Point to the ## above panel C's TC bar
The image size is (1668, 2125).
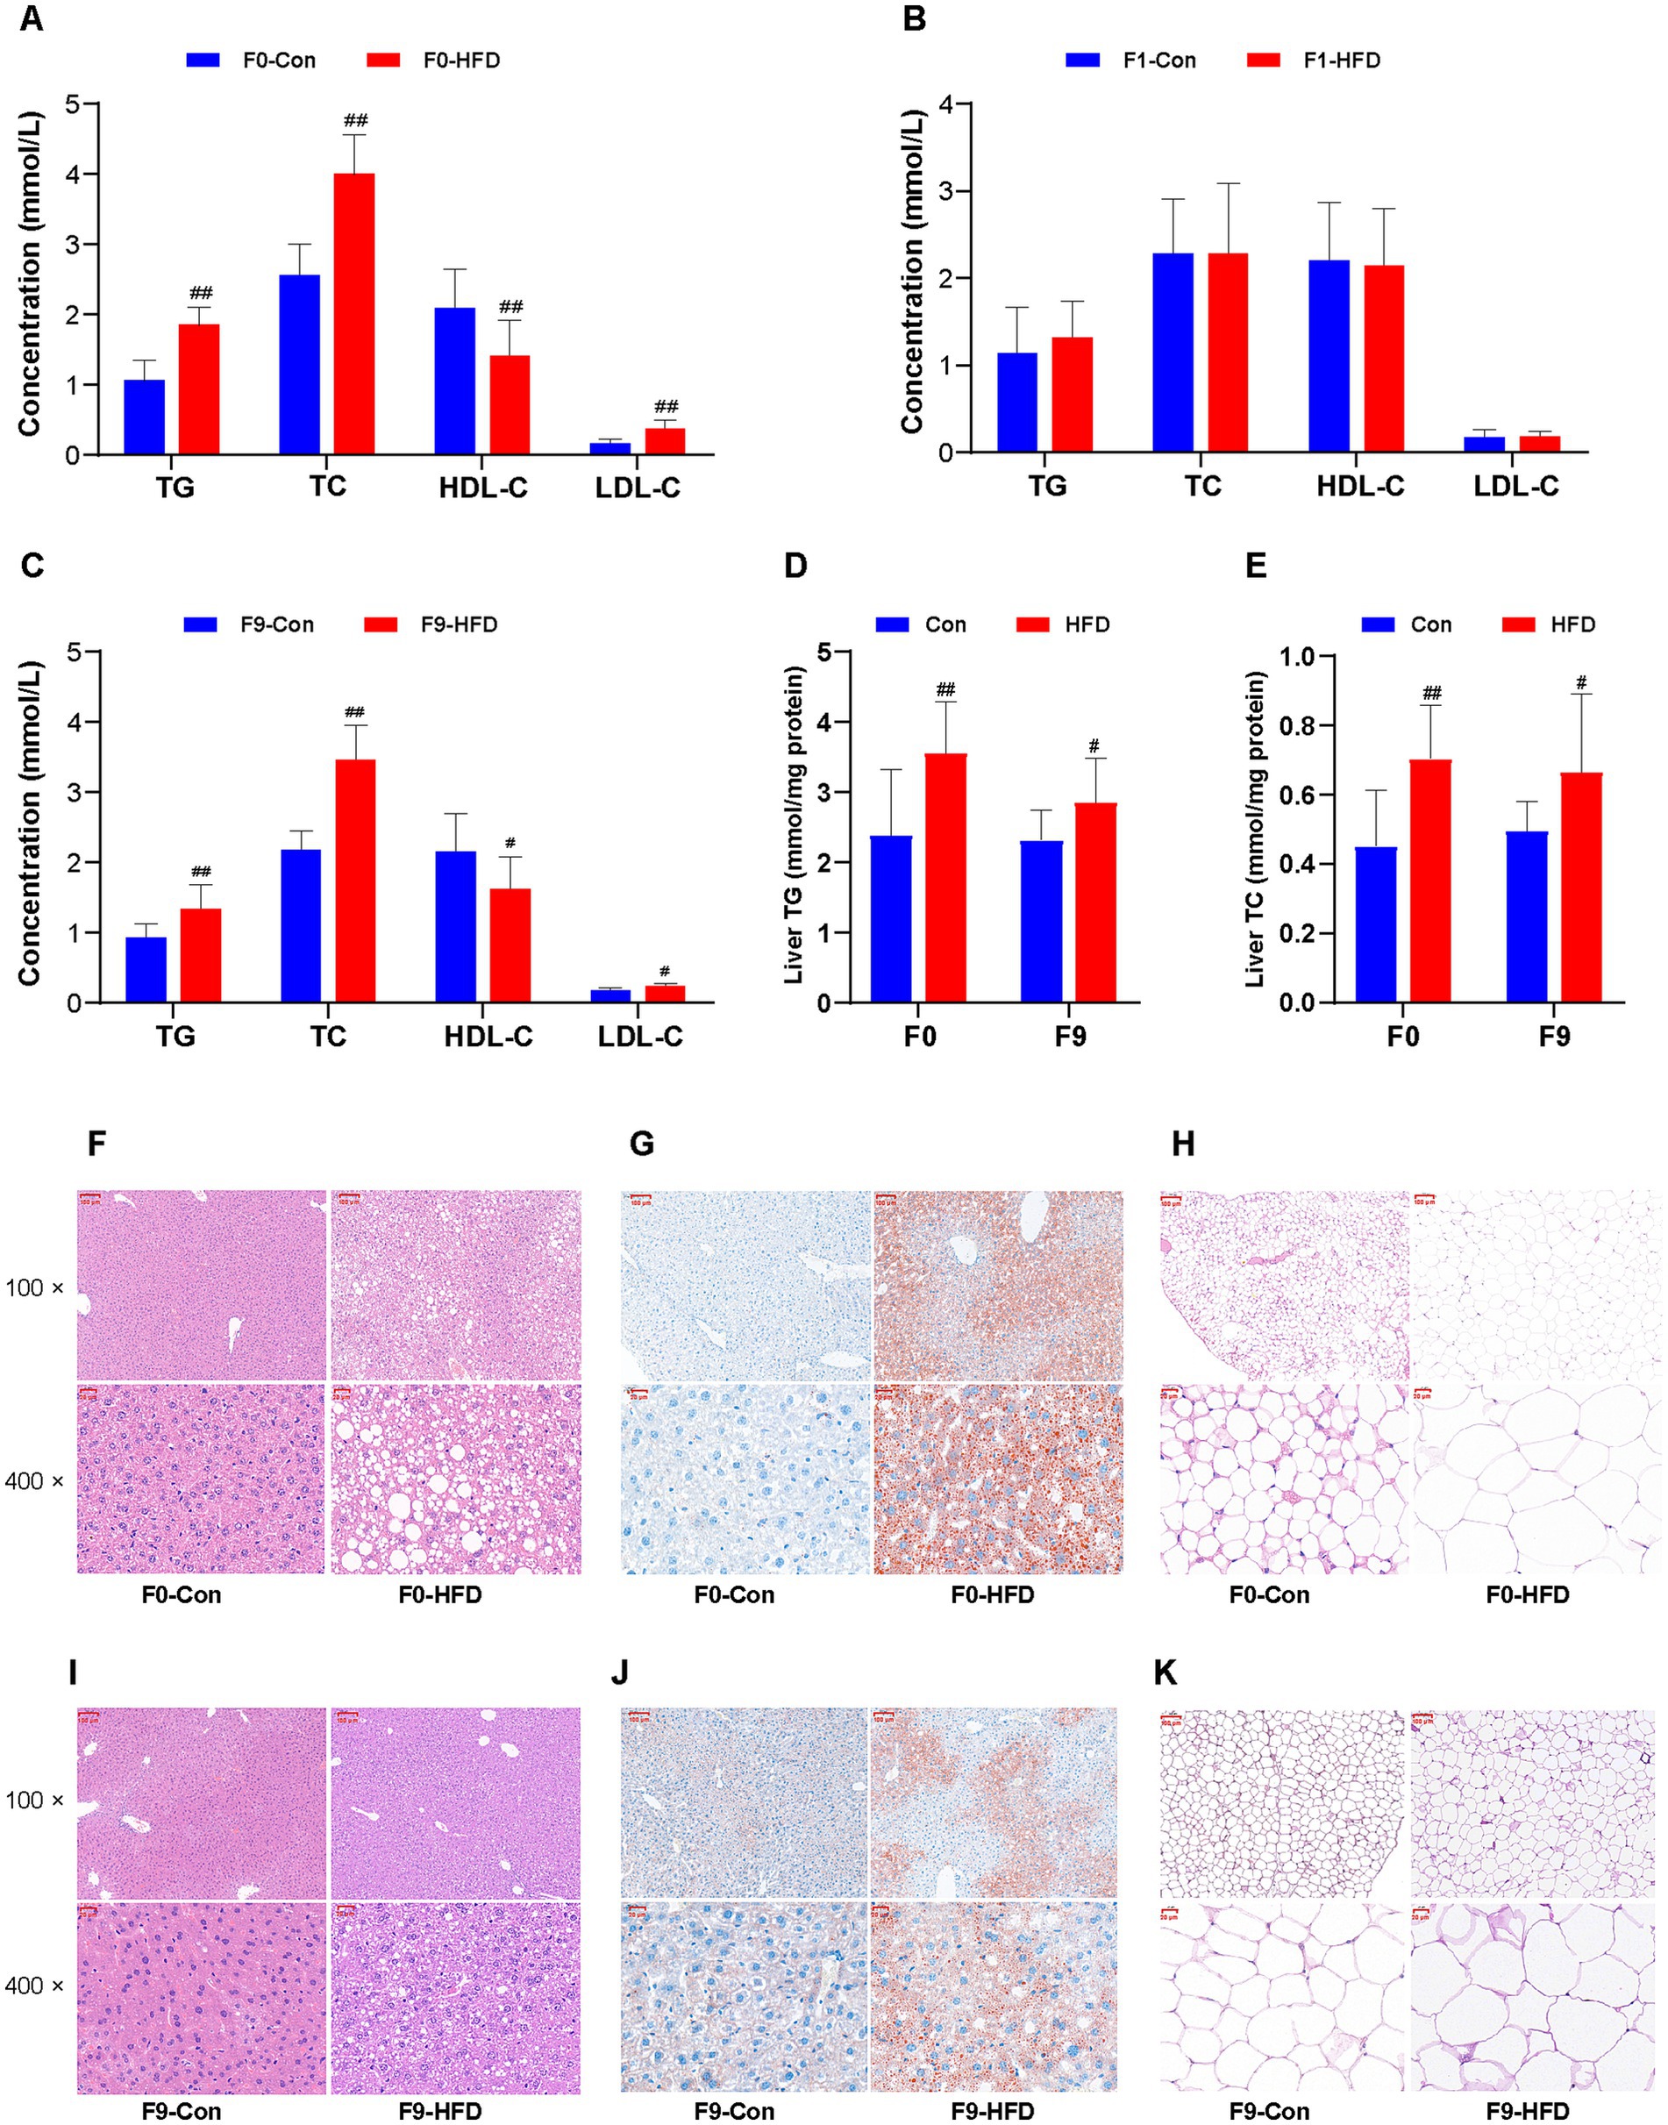tap(354, 711)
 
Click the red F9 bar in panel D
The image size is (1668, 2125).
tap(1095, 902)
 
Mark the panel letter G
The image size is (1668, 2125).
tap(641, 1144)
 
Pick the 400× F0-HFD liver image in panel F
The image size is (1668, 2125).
tap(456, 1478)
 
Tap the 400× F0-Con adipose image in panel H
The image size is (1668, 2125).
tap(1283, 1478)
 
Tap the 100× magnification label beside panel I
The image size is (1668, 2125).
tap(34, 1800)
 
